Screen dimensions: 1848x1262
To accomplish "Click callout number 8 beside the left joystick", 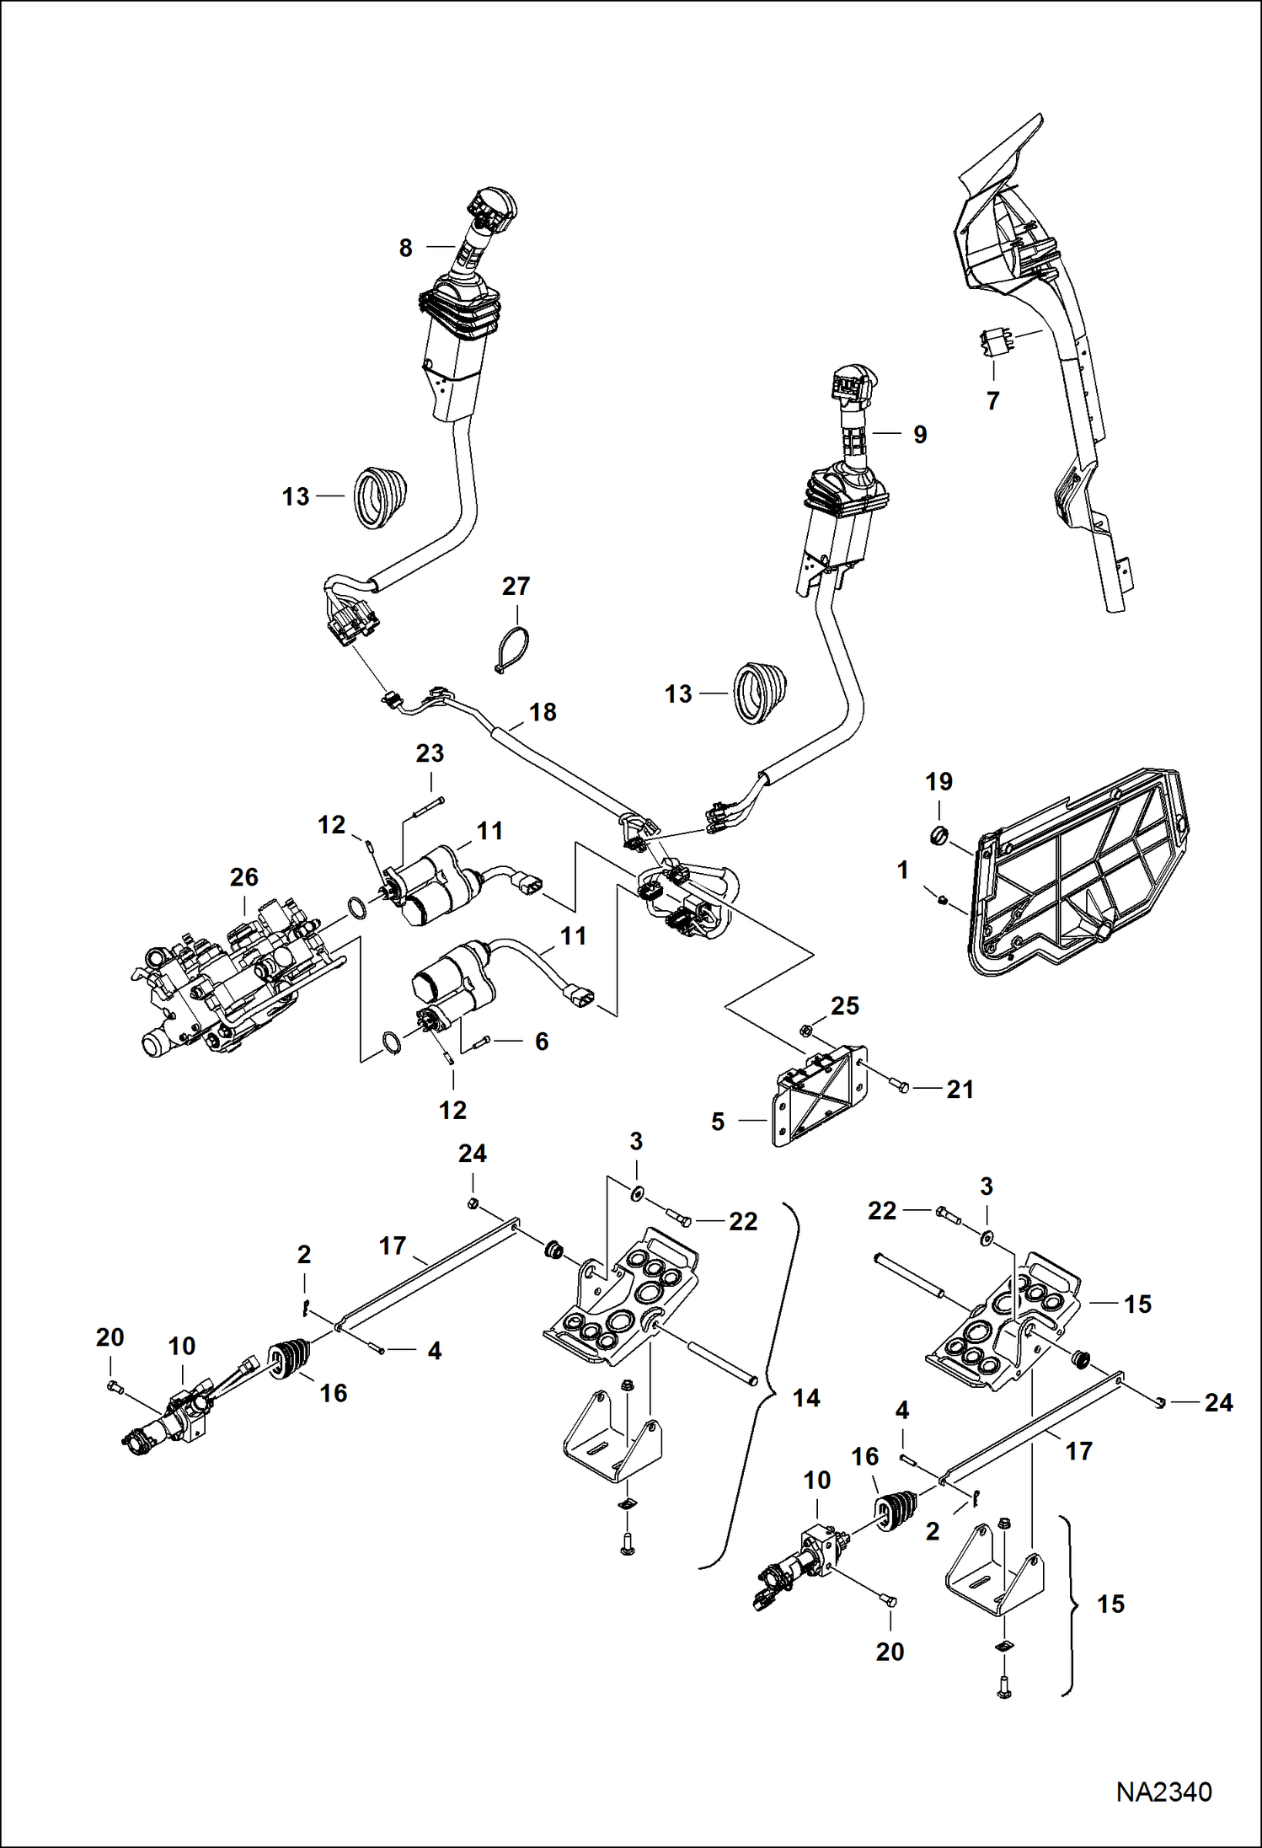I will (405, 248).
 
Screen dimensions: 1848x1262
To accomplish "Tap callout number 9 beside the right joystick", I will (920, 434).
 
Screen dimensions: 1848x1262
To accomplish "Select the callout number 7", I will (992, 401).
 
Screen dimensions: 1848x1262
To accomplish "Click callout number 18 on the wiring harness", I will (543, 712).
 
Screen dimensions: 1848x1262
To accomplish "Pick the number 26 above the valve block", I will (243, 877).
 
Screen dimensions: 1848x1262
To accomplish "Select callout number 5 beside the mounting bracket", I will (718, 1122).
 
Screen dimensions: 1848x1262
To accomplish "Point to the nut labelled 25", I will (805, 1029).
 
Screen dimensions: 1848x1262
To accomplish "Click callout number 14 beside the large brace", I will (806, 1398).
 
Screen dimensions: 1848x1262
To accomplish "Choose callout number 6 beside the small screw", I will (542, 1042).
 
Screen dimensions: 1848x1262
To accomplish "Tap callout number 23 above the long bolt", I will (430, 753).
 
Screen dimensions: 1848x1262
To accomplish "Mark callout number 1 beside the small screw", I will (903, 870).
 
